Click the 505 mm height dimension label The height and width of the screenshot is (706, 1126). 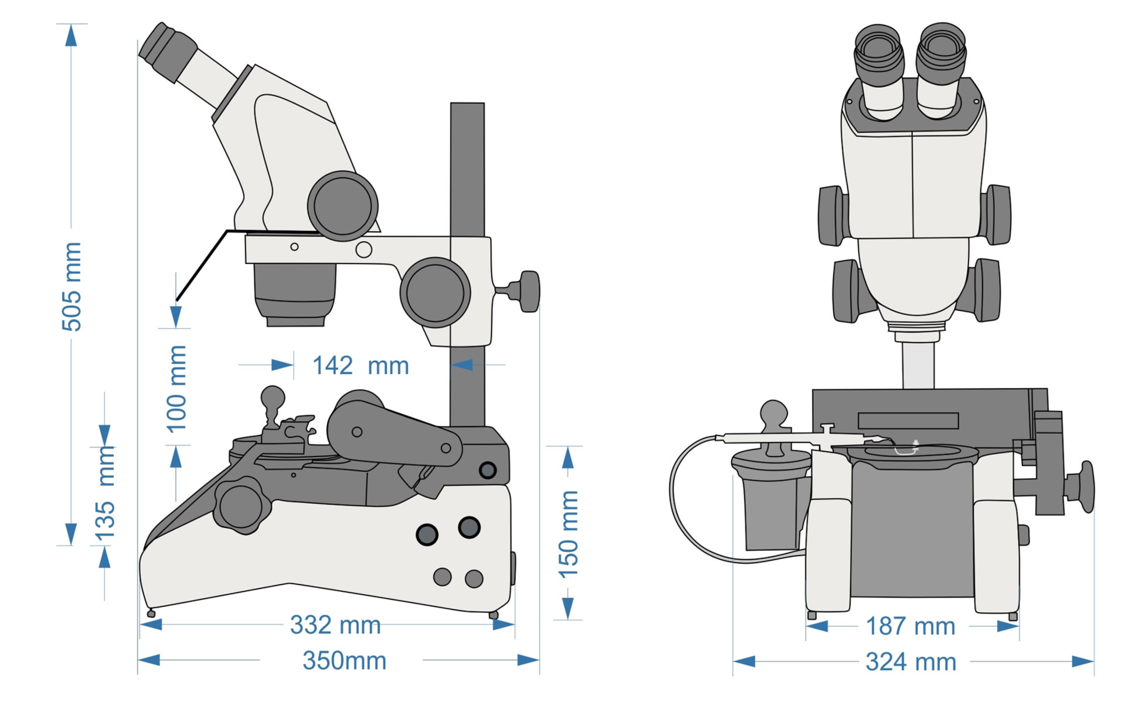(71, 286)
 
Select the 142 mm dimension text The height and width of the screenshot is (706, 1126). (360, 366)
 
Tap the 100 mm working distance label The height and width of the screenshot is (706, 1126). (176, 389)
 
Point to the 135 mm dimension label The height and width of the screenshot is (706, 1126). (105, 495)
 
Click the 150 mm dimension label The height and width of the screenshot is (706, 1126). (568, 534)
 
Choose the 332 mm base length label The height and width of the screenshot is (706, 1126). (335, 625)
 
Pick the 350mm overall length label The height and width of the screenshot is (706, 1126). (344, 661)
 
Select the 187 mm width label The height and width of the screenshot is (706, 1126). (910, 626)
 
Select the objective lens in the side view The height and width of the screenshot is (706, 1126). (295, 294)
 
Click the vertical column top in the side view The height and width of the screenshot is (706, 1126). (467, 112)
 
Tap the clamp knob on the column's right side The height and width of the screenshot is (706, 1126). (527, 291)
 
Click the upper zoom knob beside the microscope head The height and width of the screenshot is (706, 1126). (342, 206)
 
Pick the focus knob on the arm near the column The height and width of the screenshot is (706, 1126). (435, 293)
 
